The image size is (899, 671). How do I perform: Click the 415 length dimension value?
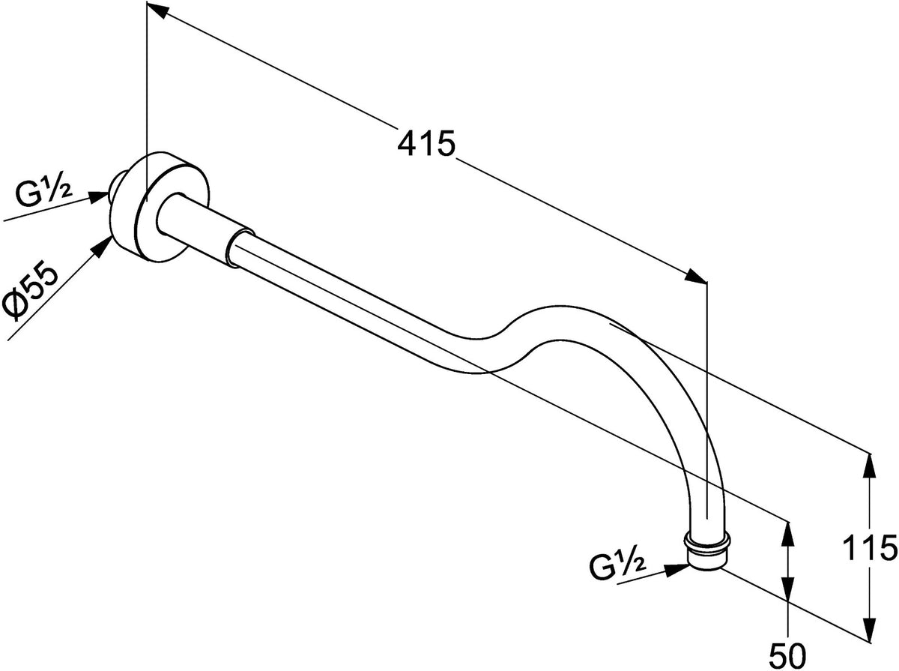[426, 144]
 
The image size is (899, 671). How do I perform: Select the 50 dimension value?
[787, 656]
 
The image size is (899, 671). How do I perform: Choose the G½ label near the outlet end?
[617, 566]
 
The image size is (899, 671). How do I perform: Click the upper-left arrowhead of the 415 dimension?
[157, 10]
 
